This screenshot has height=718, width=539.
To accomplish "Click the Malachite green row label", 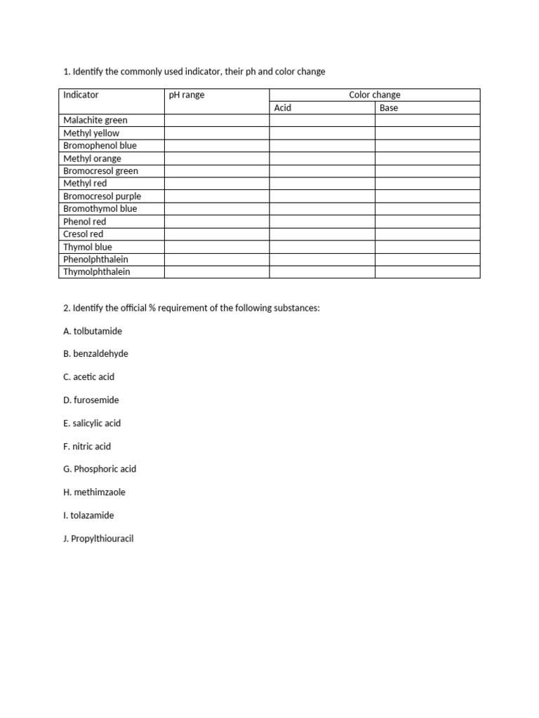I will pos(95,121).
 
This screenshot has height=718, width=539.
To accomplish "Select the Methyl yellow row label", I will pos(91,133).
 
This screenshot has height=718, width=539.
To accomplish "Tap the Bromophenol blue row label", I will pos(100,146).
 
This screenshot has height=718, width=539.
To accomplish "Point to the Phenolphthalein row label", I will pos(95,259).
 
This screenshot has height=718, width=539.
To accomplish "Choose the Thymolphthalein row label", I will pos(97,272).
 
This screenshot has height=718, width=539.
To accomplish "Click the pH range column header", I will pos(187,95).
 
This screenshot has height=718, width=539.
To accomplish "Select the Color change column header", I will pos(375,95).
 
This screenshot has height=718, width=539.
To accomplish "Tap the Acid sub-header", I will pos(283,108).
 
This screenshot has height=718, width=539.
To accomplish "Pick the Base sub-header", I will pos(389,108).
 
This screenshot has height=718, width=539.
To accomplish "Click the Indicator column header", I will pos(81,95).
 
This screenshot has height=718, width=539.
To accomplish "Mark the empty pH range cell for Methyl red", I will pos(217,184).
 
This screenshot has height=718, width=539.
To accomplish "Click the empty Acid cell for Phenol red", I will pos(322,222).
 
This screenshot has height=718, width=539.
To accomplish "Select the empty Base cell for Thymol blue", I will pos(427,247).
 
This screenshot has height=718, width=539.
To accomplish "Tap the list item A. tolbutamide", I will pos(92,331).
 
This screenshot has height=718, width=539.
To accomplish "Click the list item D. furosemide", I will pos(91,400).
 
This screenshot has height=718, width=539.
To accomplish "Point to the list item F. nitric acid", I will pos(87,446).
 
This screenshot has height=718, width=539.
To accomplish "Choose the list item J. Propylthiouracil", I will pos(98,538).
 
